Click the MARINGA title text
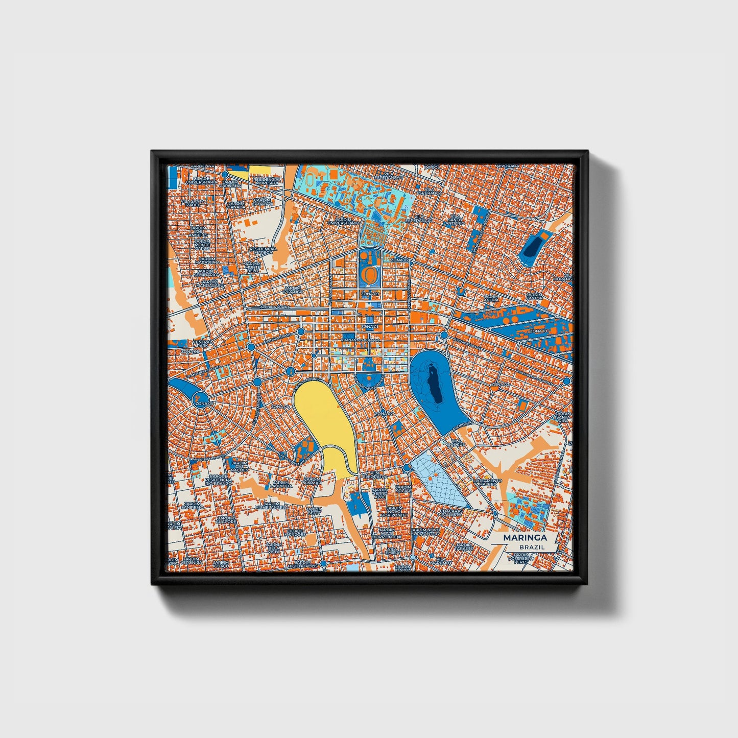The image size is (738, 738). click(525, 538)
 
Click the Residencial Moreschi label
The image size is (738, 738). click(267, 181)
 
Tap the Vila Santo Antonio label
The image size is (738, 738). click(454, 220)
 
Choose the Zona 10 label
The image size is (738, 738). click(538, 331)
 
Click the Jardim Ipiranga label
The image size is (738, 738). click(293, 290)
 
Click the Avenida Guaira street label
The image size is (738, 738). click(275, 307)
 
